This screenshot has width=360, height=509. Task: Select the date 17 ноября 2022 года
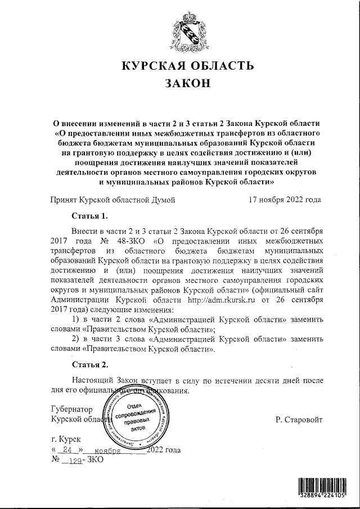pos(285,200)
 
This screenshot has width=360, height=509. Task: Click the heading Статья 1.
pos(90,216)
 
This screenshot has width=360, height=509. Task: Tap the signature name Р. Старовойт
pos(299,420)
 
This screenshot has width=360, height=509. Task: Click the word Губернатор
pos(72,409)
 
